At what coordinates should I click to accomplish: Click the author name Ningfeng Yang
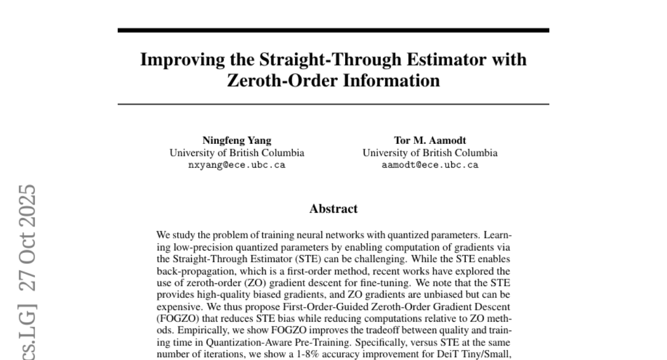tap(237, 141)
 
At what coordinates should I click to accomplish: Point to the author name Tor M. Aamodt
tap(430, 141)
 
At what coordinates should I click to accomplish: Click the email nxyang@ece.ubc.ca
tap(237, 165)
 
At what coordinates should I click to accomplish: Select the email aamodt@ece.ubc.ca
tap(430, 165)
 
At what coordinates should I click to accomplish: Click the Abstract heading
tap(333, 209)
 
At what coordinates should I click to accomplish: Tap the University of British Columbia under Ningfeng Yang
tap(237, 153)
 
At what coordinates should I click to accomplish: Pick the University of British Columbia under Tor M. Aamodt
tap(430, 153)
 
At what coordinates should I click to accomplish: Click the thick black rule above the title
tap(333, 30)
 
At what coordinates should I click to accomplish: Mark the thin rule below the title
tap(333, 104)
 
